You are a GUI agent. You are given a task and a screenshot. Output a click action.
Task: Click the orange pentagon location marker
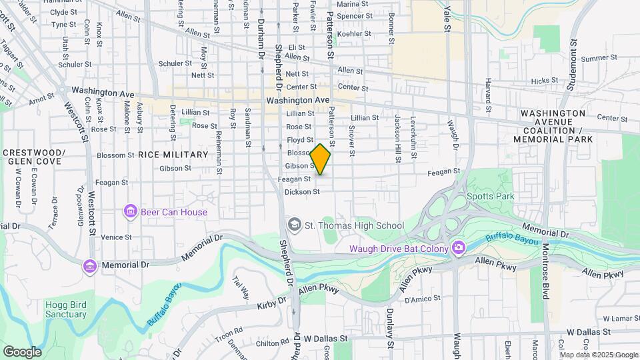coord(321,160)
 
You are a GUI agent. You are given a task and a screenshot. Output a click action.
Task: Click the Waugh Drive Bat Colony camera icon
coord(458,249)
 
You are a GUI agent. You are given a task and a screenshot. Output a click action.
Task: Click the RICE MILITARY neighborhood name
coord(173,155)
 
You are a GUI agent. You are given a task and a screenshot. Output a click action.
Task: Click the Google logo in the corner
coord(22,351)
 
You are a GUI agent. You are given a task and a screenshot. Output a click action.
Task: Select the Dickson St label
coord(302,192)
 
